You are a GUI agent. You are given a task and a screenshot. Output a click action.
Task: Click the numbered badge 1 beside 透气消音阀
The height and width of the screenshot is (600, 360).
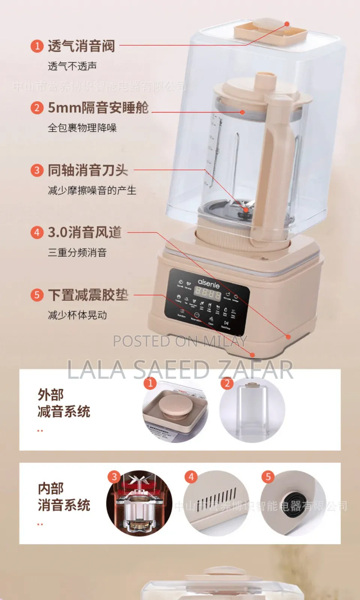click(37, 46)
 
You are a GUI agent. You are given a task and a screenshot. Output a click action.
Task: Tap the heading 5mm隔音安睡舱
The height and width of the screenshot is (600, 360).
click(98, 108)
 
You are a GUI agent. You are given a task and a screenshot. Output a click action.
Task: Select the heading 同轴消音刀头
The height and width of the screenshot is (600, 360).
click(88, 170)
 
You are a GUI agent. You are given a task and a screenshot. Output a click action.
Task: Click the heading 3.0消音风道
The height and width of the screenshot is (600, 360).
click(85, 232)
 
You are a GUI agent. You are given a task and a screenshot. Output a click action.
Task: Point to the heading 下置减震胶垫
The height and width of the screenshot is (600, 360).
click(88, 295)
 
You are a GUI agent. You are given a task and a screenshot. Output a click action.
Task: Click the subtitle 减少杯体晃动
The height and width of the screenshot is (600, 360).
click(77, 315)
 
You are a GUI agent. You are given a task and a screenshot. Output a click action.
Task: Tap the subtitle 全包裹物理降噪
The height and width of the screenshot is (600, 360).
click(82, 128)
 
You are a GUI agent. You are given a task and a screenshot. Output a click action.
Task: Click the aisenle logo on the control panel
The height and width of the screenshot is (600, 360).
click(208, 283)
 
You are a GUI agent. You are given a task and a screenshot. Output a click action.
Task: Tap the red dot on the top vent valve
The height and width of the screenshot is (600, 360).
click(287, 24)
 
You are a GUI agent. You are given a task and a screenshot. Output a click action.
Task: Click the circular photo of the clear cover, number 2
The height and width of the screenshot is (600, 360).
click(252, 411)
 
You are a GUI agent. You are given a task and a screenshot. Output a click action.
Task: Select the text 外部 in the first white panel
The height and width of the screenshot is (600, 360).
click(51, 395)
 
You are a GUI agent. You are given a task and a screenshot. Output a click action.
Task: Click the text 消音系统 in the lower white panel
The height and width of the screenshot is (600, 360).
click(64, 505)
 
